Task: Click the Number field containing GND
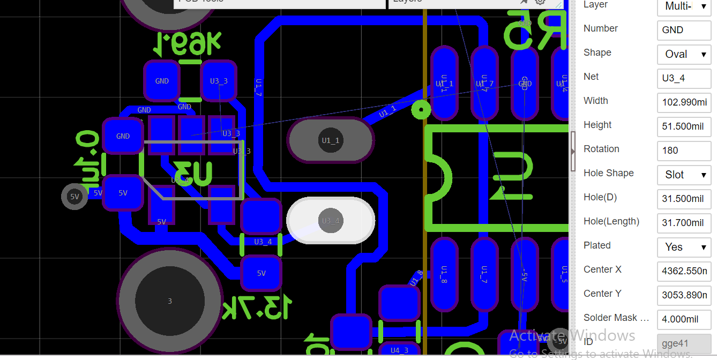[x=684, y=30]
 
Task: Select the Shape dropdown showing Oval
[x=684, y=54]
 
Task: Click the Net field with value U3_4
[x=684, y=78]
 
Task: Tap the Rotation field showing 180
[x=684, y=151]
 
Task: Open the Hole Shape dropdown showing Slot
[x=684, y=175]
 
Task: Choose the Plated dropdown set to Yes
[x=684, y=247]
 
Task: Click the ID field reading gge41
[x=684, y=343]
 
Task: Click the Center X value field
[x=684, y=271]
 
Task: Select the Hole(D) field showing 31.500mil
[x=684, y=199]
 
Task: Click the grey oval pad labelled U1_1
[x=331, y=140]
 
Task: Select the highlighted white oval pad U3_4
[x=331, y=221]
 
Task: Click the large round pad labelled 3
[x=170, y=301]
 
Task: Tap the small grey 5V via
[x=74, y=197]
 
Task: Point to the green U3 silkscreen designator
[x=193, y=172]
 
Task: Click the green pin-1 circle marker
[x=421, y=110]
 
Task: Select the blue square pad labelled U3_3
[x=218, y=81]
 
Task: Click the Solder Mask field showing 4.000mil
[x=684, y=319]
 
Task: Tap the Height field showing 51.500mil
[x=684, y=126]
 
